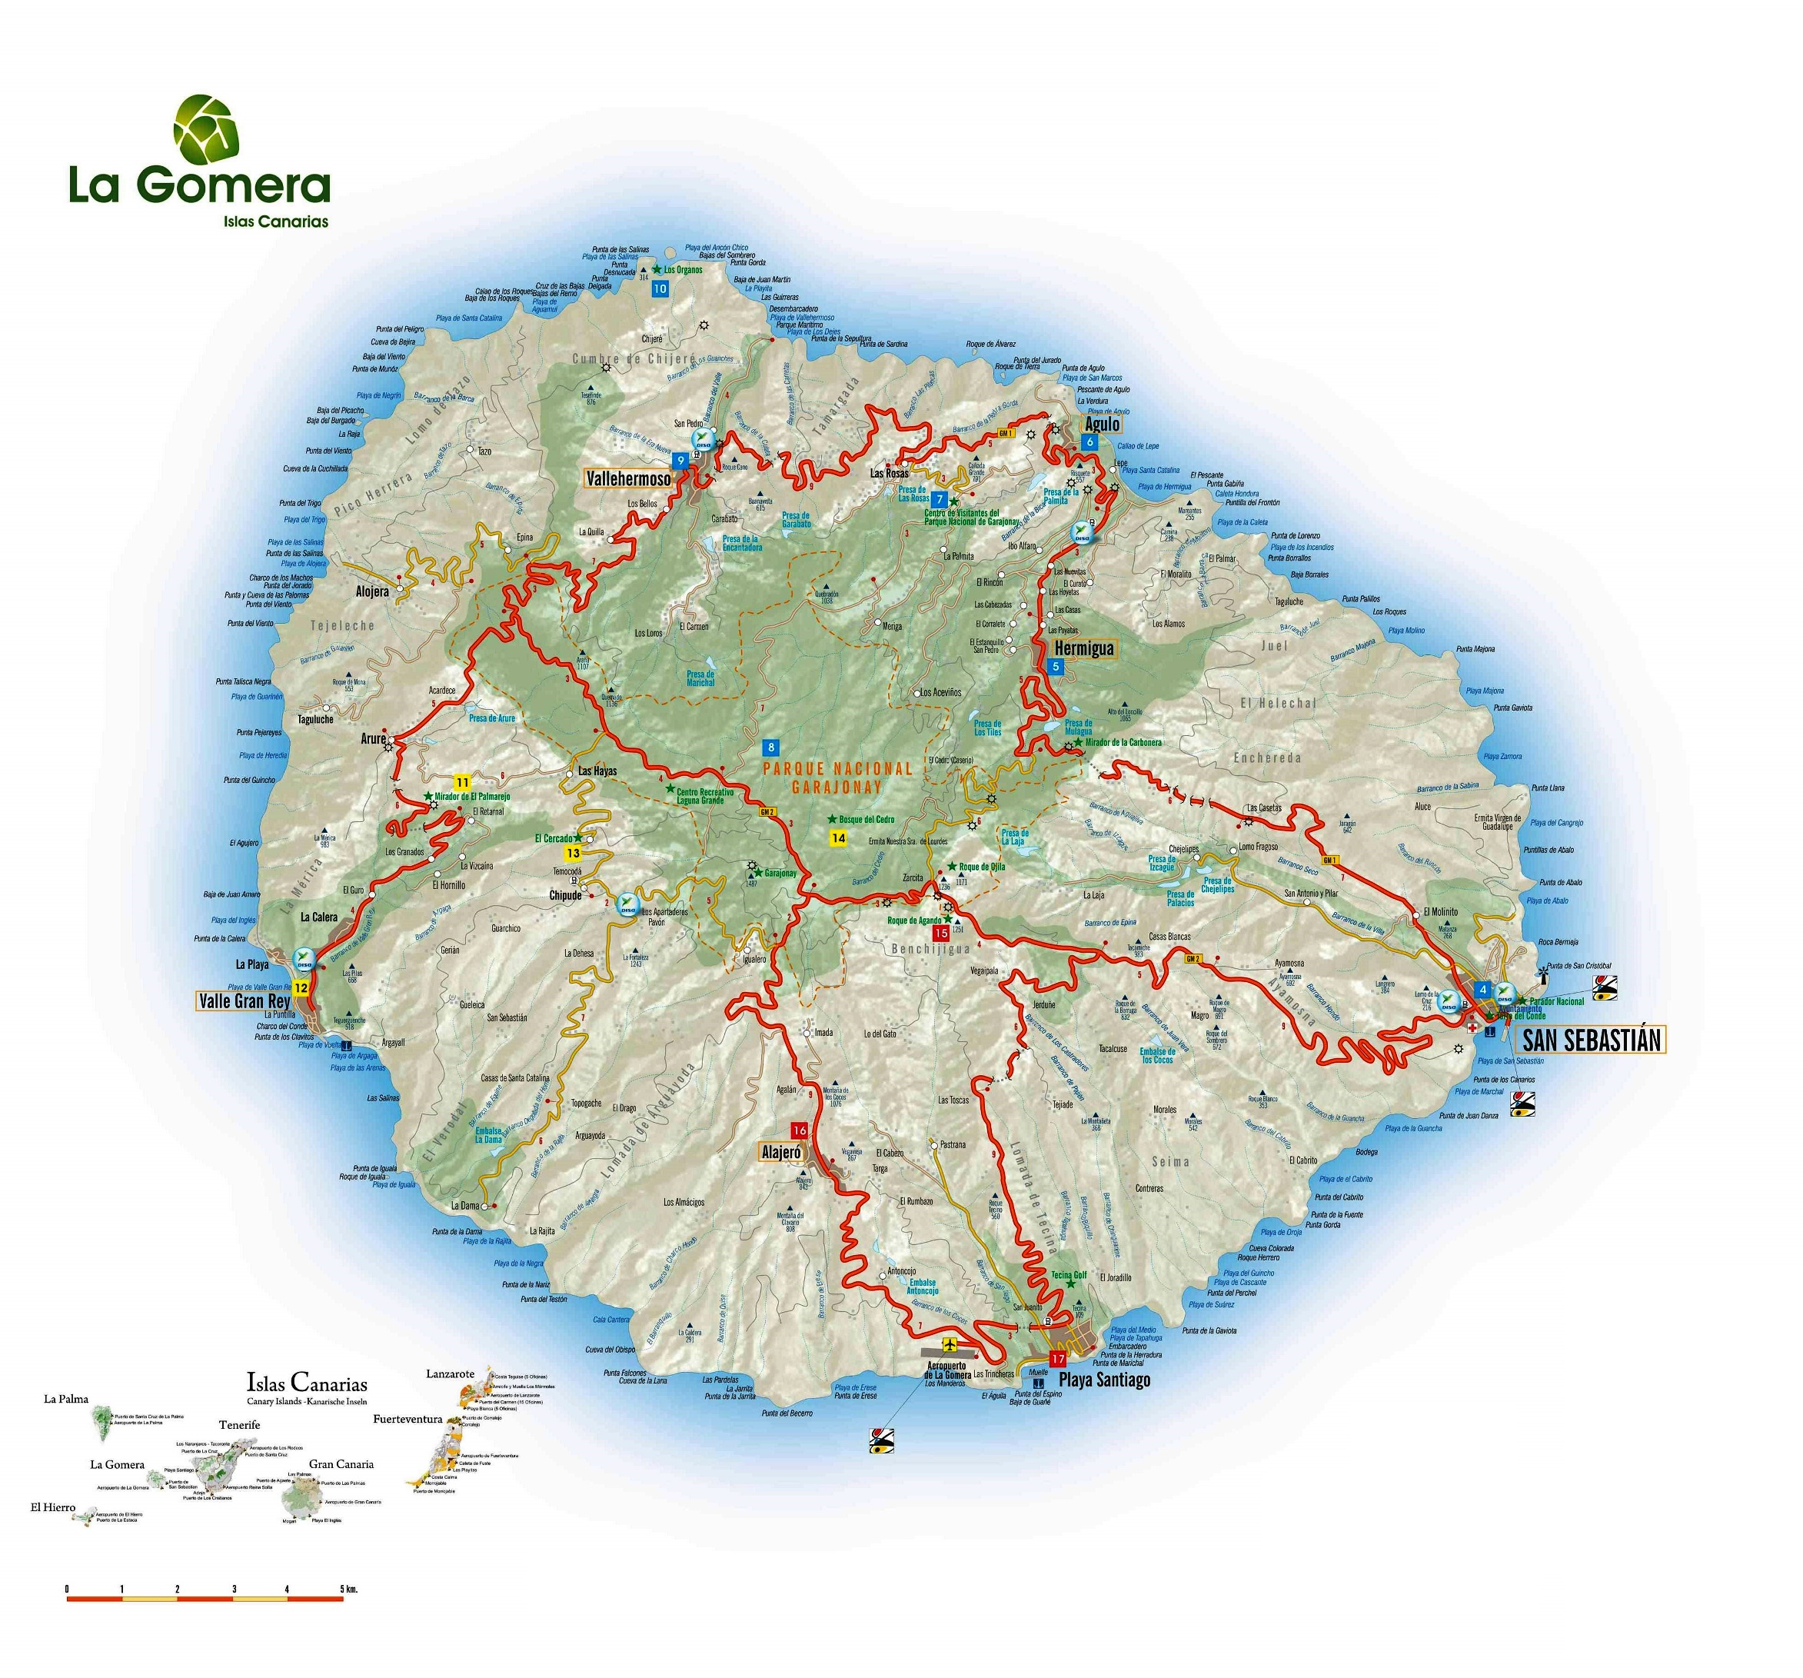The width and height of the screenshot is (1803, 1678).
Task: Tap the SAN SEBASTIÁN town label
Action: [1590, 1040]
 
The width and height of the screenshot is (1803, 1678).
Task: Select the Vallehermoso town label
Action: [628, 479]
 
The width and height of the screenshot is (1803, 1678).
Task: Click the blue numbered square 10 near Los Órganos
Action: [660, 289]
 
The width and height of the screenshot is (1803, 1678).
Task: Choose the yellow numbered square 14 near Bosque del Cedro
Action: [839, 838]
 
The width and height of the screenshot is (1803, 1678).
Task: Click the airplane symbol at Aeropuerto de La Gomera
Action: [950, 1343]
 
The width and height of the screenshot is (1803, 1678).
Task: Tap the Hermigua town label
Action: [1084, 649]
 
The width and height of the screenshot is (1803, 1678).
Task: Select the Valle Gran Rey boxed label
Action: [244, 1001]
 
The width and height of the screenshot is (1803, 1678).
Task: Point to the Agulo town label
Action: [1103, 424]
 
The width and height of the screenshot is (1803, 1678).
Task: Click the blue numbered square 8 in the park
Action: [771, 748]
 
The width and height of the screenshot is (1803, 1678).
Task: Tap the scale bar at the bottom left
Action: [205, 1599]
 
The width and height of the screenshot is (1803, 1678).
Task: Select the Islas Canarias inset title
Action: [307, 1383]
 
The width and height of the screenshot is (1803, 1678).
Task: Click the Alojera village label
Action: [372, 591]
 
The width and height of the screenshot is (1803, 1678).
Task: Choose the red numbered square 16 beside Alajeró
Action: [799, 1131]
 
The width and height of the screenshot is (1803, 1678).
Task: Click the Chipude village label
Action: [565, 895]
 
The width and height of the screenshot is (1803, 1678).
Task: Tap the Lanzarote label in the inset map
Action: [451, 1373]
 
